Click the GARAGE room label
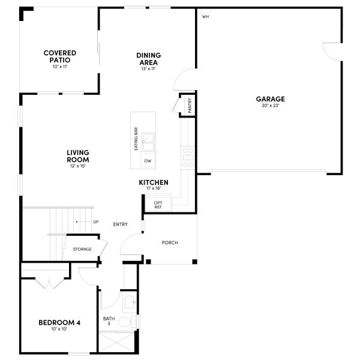[x=270, y=99]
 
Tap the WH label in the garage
[x=205, y=16]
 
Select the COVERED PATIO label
[x=59, y=56]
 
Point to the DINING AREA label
[x=148, y=58]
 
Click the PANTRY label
[x=190, y=106]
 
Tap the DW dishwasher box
[x=147, y=161]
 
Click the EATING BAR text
[x=136, y=139]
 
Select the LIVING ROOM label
[x=78, y=156]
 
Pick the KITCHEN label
[x=154, y=182]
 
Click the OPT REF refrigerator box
[x=158, y=205]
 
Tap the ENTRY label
[x=121, y=224]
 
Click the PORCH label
[x=170, y=242]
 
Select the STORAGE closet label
[x=82, y=249]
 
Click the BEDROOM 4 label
[x=59, y=322]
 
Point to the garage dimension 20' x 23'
[x=270, y=106]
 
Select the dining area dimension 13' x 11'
[x=148, y=68]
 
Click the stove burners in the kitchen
[x=188, y=157]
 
